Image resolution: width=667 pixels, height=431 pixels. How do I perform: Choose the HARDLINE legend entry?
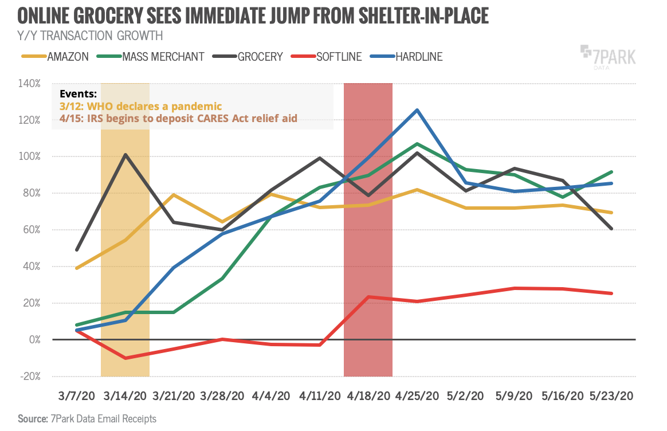click(418, 56)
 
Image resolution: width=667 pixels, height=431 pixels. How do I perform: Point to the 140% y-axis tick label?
click(29, 83)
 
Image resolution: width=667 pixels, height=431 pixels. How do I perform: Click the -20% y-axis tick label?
click(29, 377)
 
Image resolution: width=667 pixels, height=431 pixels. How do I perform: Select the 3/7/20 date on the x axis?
click(76, 396)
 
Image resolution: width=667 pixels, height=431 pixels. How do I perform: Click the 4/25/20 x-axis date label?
click(417, 396)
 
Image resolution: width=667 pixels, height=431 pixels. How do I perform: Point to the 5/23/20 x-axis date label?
click(611, 396)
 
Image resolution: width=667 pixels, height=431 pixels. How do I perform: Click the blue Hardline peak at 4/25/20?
click(417, 109)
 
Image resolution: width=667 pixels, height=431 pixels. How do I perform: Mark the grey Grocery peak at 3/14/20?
click(125, 154)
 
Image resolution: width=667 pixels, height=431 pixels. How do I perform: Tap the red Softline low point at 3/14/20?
click(125, 358)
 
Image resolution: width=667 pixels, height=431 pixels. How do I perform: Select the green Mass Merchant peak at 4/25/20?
click(417, 143)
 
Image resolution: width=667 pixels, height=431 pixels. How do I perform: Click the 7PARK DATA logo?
click(608, 58)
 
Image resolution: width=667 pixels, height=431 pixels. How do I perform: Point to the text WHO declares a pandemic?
click(154, 107)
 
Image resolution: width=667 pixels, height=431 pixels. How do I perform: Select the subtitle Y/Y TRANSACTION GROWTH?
click(90, 36)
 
